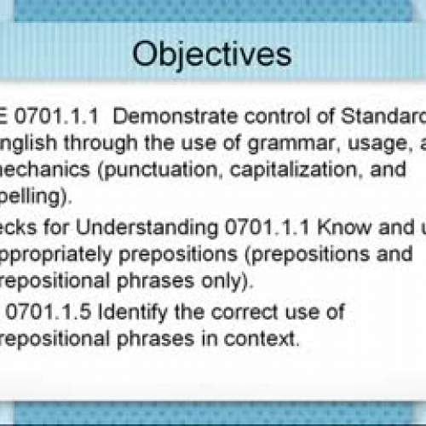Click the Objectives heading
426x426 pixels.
click(x=212, y=54)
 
